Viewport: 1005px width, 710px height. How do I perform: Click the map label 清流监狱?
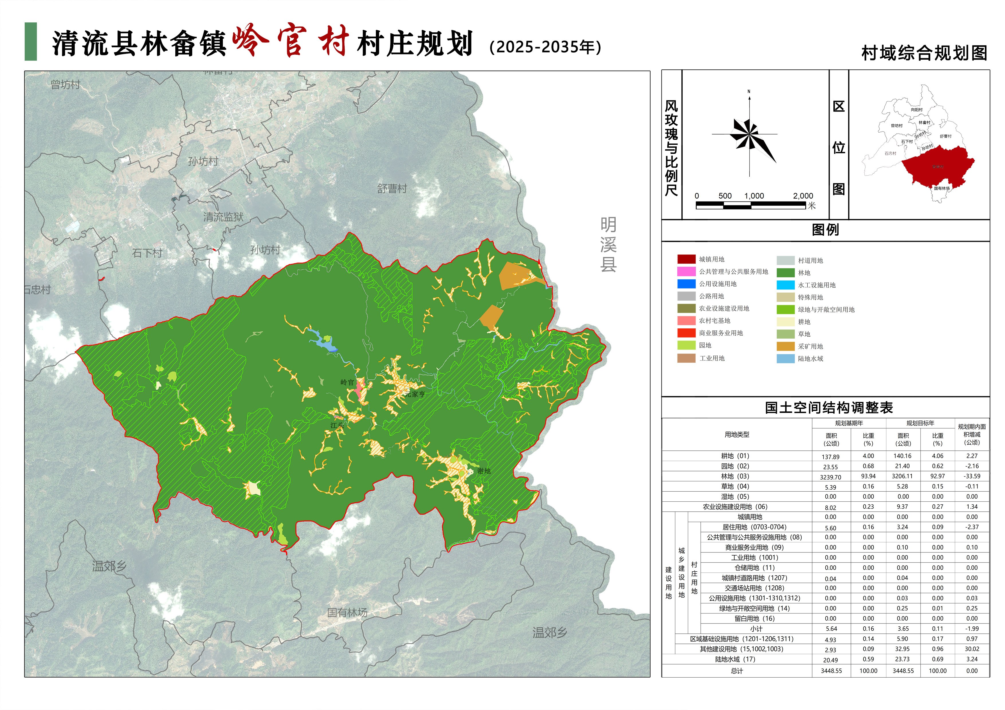tap(223, 217)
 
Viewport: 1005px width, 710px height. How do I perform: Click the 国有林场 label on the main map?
tap(347, 612)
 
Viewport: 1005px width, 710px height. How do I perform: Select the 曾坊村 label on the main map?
tap(65, 85)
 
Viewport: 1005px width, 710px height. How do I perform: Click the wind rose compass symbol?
tap(750, 136)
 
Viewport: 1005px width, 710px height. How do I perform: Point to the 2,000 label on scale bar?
tap(803, 196)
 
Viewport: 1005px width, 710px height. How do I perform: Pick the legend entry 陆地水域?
tap(810, 358)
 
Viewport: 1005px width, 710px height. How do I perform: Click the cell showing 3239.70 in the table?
tap(831, 477)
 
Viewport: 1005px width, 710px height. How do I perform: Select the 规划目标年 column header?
tap(920, 423)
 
